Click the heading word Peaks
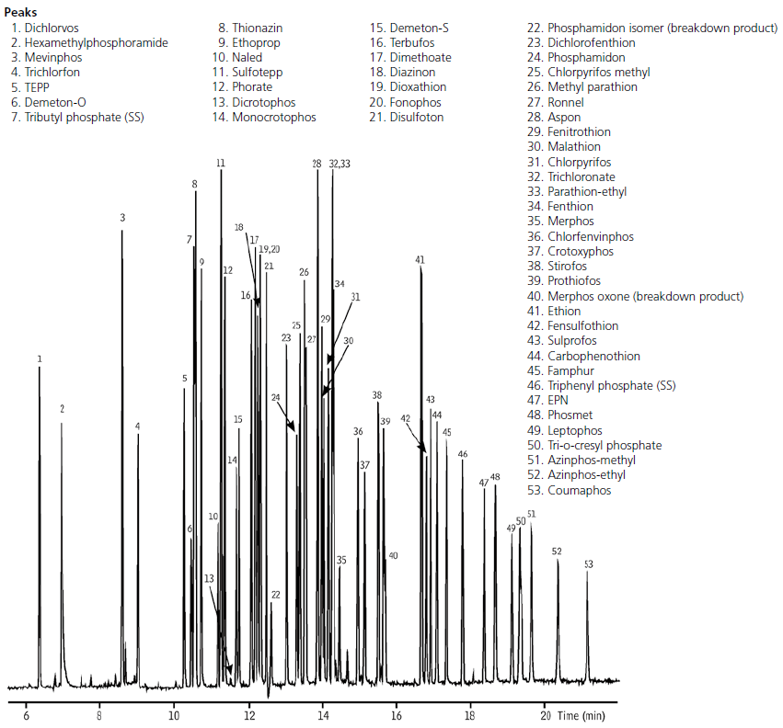click(x=22, y=12)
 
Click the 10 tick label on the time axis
click(x=174, y=713)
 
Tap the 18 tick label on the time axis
click(x=470, y=713)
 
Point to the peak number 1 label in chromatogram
click(x=40, y=358)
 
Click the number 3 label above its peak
click(x=122, y=218)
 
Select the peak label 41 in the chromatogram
click(x=420, y=260)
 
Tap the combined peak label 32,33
click(x=339, y=164)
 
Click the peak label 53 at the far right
click(x=588, y=563)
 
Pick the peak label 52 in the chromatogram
click(x=557, y=551)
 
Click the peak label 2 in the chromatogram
click(x=62, y=407)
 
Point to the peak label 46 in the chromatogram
click(x=463, y=454)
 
